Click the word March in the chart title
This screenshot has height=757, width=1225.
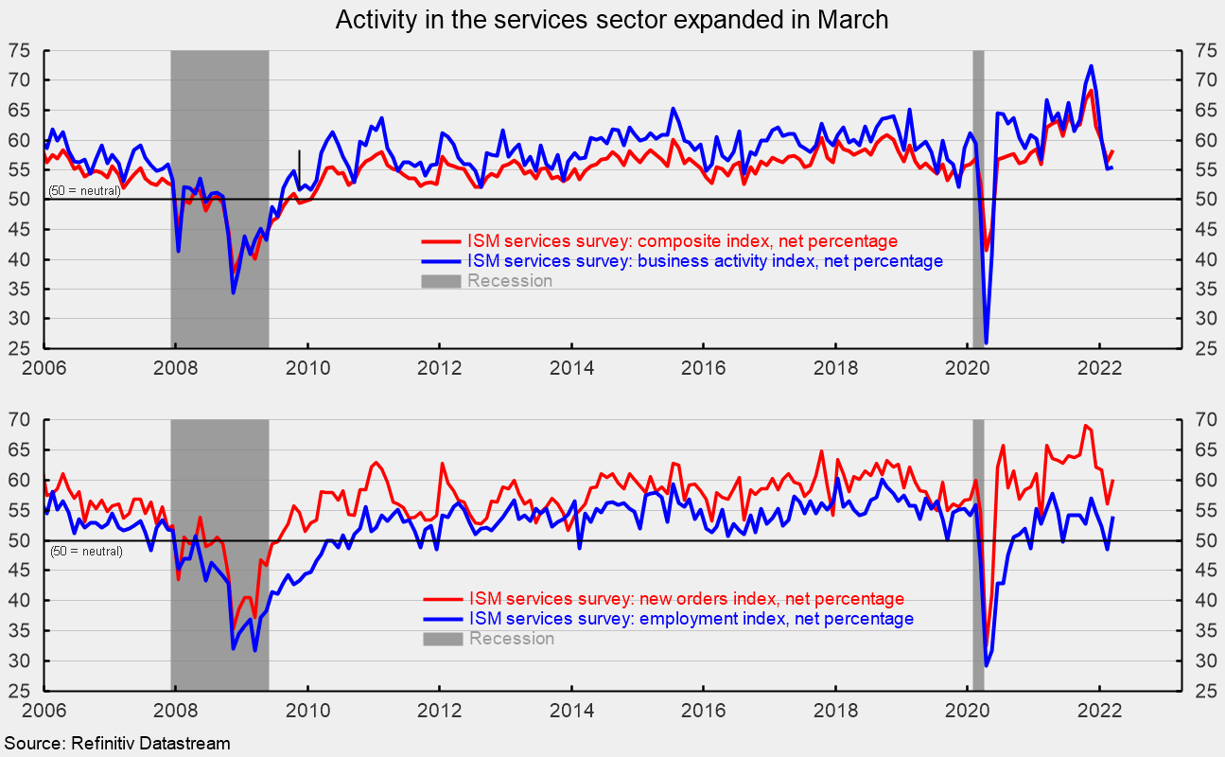coord(852,20)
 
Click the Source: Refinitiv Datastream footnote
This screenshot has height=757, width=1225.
coord(117,744)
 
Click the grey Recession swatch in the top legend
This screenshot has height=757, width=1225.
coord(441,281)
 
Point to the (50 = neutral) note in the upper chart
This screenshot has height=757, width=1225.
coord(84,191)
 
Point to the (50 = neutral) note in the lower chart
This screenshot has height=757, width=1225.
coord(86,551)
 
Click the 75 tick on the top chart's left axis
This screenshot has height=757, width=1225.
coord(19,51)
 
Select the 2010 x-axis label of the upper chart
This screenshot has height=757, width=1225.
coord(307,367)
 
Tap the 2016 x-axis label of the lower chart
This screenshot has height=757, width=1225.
coord(703,710)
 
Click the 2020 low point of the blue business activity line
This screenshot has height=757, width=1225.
coord(986,343)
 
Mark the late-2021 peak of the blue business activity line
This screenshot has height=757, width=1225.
coord(1091,66)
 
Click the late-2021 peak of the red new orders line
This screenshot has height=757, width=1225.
coord(1086,426)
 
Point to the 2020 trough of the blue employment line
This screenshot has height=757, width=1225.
coord(986,665)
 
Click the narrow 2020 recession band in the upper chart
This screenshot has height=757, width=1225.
coord(978,199)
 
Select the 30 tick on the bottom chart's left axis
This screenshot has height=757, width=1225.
coord(19,660)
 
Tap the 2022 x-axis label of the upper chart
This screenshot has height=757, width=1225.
coord(1099,367)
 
